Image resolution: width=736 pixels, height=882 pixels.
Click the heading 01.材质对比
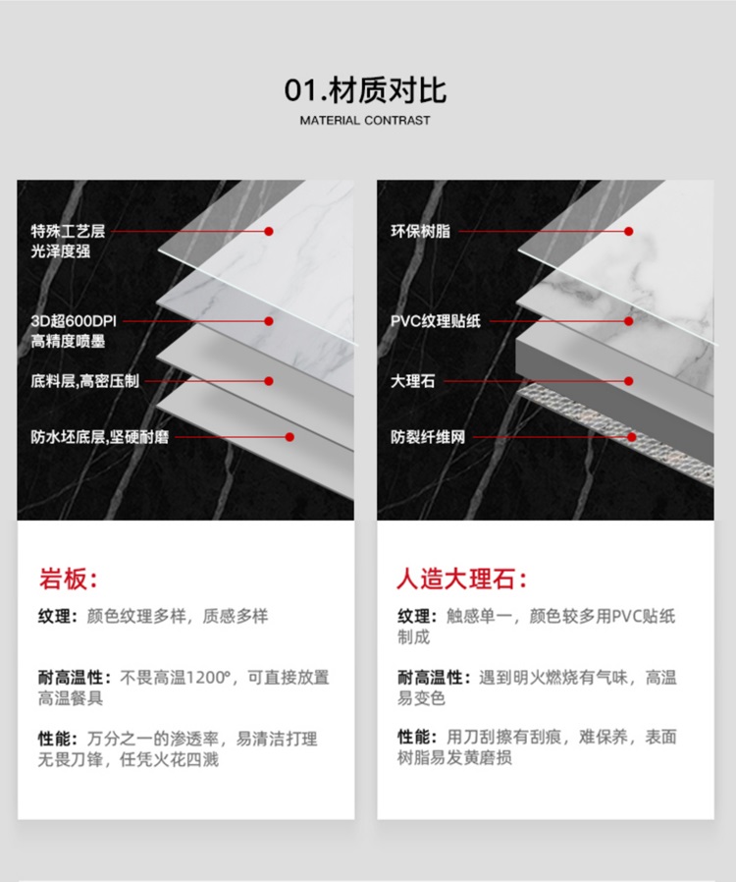[366, 91]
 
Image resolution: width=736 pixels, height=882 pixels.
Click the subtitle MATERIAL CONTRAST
[365, 121]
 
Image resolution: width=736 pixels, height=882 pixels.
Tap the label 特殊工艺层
[68, 232]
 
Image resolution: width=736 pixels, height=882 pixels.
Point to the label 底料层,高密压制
[83, 380]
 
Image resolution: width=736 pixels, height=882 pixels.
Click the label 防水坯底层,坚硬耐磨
[99, 436]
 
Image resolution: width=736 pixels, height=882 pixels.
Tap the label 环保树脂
[421, 232]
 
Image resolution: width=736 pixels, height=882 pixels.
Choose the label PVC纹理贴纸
[436, 321]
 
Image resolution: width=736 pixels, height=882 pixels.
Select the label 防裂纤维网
[428, 436]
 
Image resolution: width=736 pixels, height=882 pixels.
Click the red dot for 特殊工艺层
[268, 232]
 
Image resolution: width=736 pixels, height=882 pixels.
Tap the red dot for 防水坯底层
[289, 436]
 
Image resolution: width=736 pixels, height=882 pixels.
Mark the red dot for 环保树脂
[628, 232]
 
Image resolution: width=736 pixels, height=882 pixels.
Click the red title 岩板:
[68, 578]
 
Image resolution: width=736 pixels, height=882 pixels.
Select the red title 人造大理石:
[461, 578]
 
